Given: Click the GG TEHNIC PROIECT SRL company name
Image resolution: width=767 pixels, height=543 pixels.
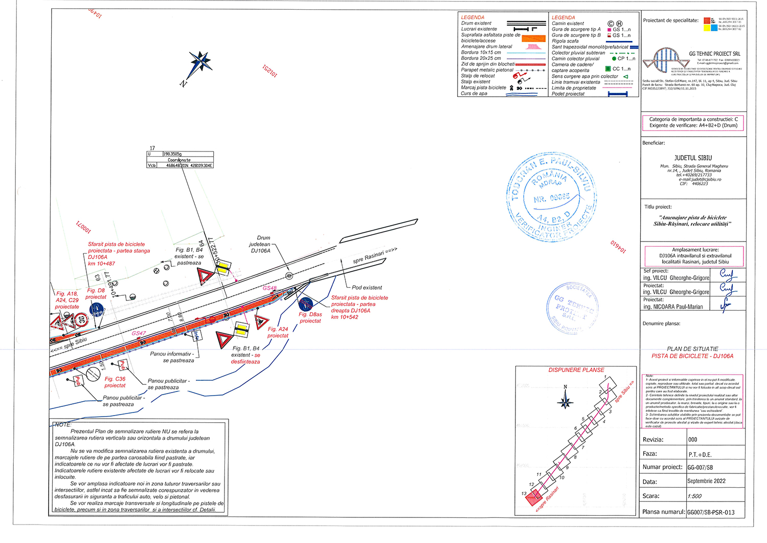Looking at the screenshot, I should [714, 54].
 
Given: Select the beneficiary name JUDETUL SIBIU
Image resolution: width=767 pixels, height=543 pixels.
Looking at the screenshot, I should [693, 158].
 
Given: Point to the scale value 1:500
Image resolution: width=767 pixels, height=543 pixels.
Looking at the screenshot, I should [694, 496].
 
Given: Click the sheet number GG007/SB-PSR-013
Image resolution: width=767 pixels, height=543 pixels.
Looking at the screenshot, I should [711, 512].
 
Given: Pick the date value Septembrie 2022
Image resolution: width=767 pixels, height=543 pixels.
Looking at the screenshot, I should [706, 482].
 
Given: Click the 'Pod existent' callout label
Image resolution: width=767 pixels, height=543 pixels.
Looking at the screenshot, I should [367, 288].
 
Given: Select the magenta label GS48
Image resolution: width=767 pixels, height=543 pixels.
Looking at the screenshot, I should [269, 288].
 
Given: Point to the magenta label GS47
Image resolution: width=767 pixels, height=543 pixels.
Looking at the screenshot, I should [139, 333].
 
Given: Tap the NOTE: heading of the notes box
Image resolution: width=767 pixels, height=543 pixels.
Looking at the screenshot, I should [63, 425].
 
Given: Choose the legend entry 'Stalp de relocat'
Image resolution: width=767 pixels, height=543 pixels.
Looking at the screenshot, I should [478, 76].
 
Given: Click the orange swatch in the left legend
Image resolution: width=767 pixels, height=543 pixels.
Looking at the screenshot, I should [533, 38].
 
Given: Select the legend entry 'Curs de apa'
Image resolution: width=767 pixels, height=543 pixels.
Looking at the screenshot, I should [474, 94].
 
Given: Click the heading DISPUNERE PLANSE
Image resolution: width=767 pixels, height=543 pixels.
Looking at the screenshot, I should [576, 370].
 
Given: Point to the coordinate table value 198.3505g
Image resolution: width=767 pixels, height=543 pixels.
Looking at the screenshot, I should [173, 154].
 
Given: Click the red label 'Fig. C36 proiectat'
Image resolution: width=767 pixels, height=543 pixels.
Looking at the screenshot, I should [115, 382].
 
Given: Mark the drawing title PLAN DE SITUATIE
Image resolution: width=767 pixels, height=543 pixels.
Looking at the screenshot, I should [692, 349].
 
